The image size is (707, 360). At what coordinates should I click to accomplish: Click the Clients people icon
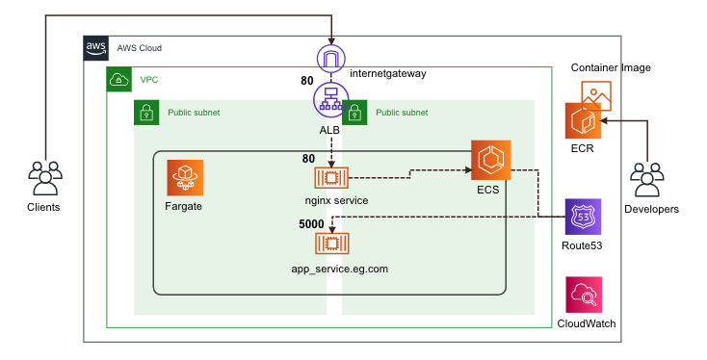(43, 178)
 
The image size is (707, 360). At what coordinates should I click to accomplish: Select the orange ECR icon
(583, 122)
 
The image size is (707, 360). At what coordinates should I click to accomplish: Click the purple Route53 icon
(583, 218)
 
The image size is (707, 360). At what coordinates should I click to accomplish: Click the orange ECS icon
(489, 159)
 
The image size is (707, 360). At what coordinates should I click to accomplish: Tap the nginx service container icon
(331, 177)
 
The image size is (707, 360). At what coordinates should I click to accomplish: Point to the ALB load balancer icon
(331, 99)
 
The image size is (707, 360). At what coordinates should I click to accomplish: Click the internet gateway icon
(331, 60)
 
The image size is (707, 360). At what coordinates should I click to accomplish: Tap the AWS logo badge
(96, 48)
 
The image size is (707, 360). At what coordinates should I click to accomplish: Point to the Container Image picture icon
(595, 94)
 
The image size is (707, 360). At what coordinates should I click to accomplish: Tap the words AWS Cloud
(139, 48)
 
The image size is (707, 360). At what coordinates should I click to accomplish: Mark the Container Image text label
(611, 68)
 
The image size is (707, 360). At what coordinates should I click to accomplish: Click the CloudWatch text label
(587, 324)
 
